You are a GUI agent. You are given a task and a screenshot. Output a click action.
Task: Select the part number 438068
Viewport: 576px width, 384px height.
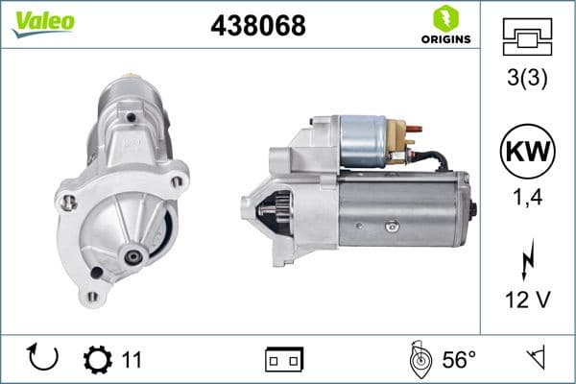click(257, 26)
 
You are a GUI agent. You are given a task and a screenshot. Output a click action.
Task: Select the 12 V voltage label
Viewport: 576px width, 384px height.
click(528, 300)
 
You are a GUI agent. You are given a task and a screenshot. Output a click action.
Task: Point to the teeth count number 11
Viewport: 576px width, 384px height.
click(132, 359)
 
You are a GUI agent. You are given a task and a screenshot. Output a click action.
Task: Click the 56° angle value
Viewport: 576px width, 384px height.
click(459, 359)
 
